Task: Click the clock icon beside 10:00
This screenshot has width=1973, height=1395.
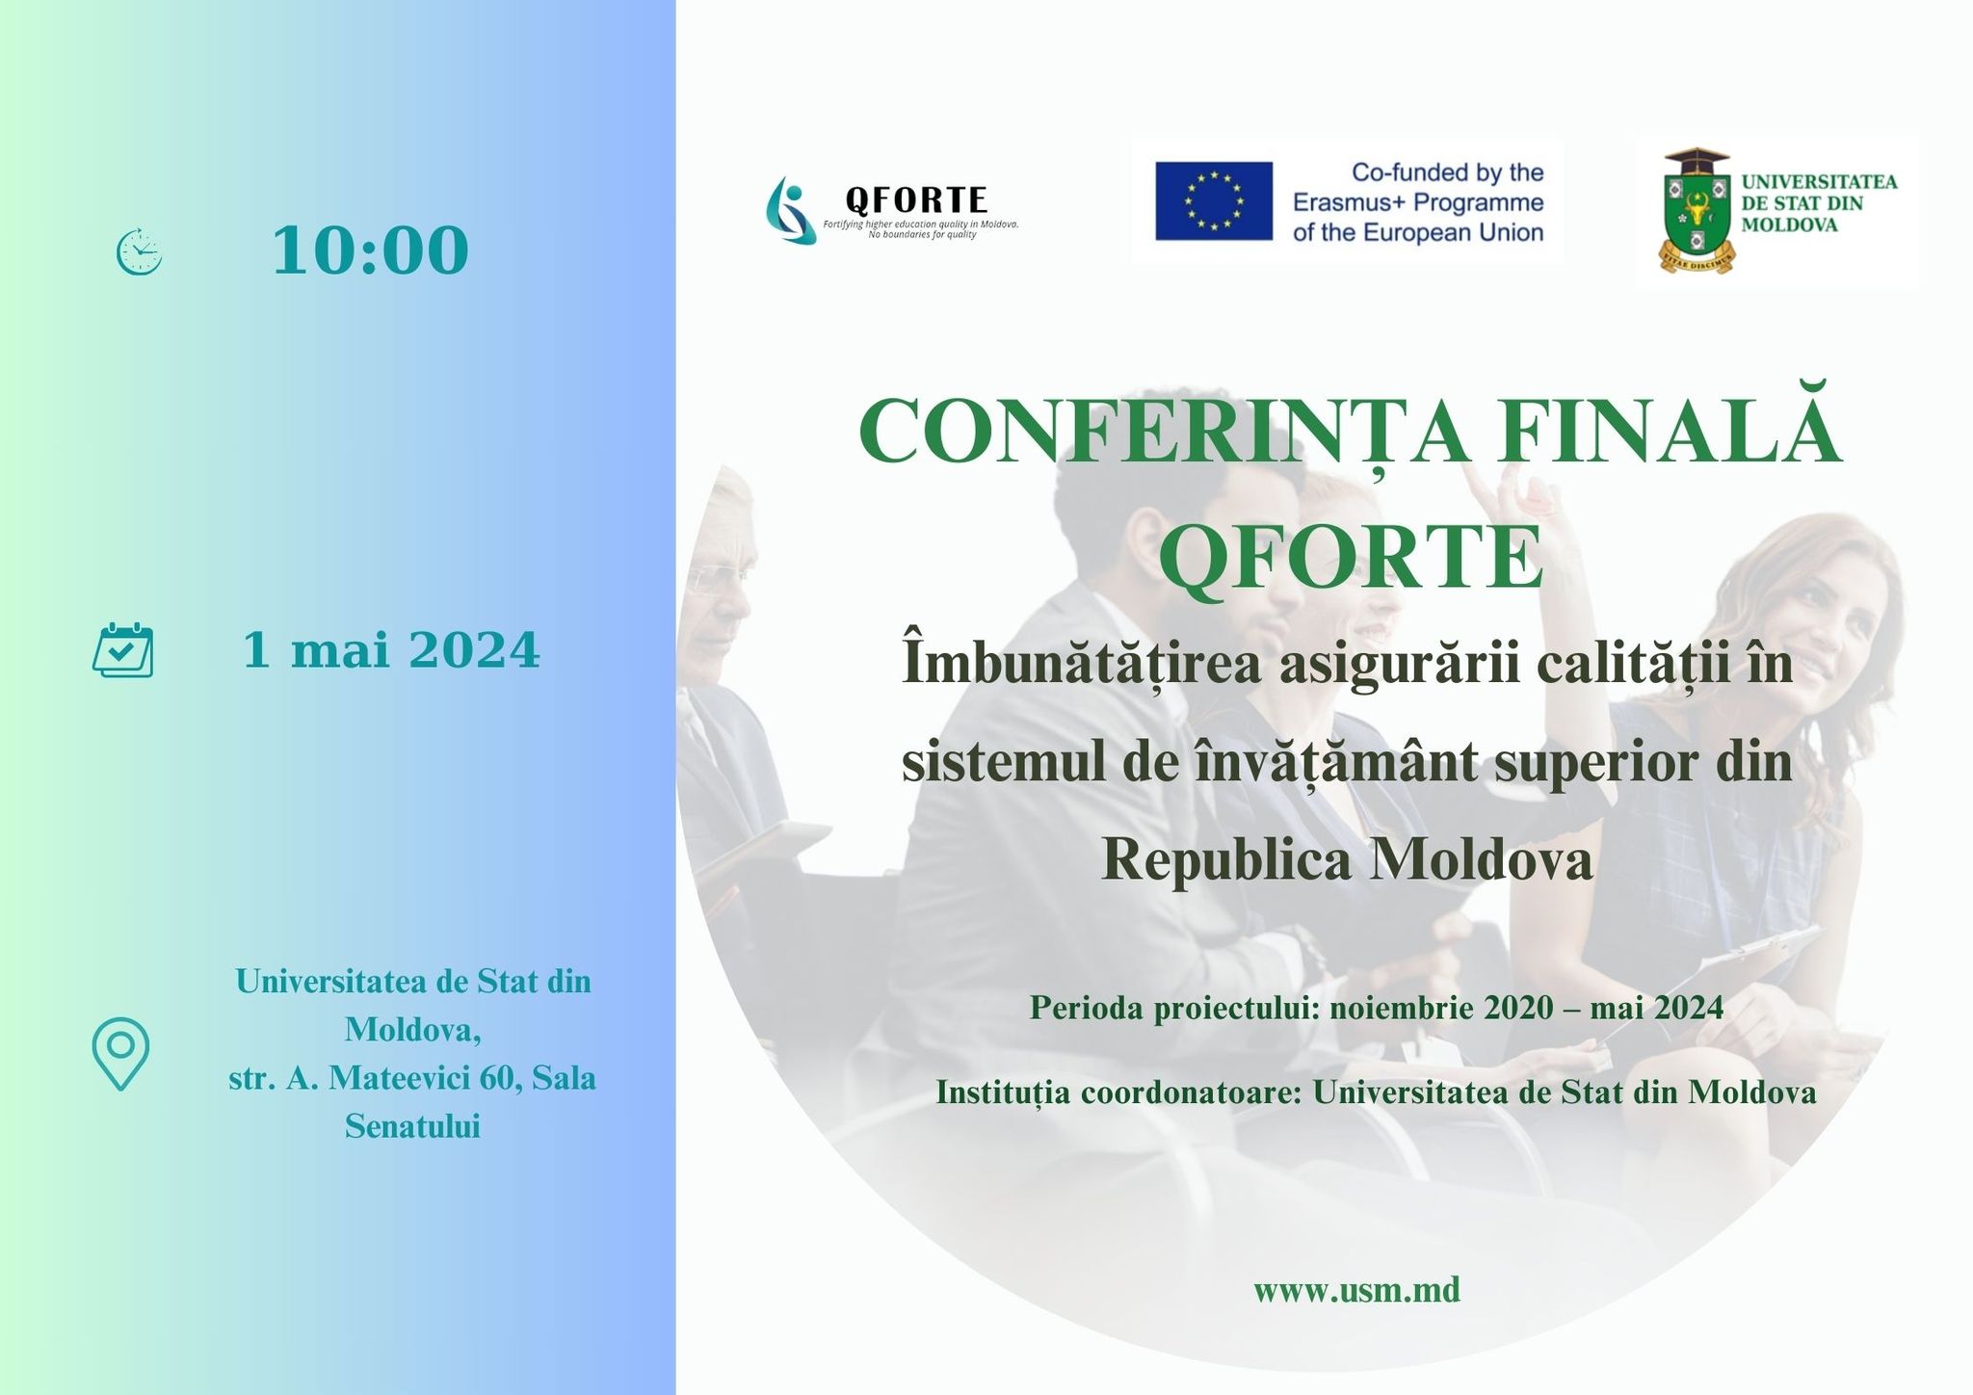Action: tap(140, 252)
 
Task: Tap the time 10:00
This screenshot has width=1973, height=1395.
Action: tap(371, 251)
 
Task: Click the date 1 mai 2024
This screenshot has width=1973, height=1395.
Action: tap(391, 650)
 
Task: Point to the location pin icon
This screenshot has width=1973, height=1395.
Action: tap(120, 1054)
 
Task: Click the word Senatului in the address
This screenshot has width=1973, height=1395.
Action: tap(412, 1126)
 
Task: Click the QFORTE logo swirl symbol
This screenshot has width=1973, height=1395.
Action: tap(791, 209)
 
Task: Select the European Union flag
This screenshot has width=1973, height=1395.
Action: tap(1214, 200)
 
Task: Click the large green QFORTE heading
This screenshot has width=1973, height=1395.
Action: tap(1350, 558)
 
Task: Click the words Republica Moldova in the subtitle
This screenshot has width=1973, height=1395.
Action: tap(1347, 859)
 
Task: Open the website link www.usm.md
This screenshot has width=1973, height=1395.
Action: tap(1356, 1289)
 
